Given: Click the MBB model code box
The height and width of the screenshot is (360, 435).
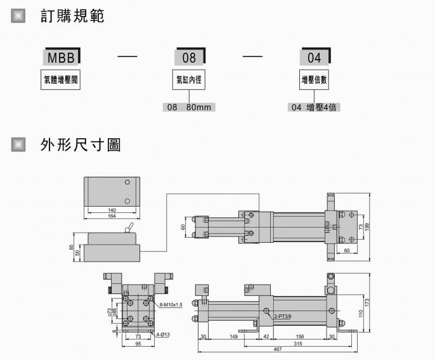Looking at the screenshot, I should tap(61, 58).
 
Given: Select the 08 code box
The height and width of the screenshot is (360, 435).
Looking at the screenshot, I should tap(189, 58).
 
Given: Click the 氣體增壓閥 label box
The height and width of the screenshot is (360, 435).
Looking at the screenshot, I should tap(61, 80).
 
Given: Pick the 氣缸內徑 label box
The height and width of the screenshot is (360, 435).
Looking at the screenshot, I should tap(189, 80).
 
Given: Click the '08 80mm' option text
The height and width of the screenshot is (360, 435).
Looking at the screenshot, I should tap(188, 108).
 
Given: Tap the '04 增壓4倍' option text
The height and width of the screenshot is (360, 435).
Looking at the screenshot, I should tap(314, 108).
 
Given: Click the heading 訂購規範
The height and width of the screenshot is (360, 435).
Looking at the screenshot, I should tap(72, 16).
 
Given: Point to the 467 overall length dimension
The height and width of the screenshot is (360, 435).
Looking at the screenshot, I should tap(278, 350).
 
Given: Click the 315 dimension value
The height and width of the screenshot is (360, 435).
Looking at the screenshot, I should tap(297, 343).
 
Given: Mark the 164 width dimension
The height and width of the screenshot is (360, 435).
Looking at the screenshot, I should tap(112, 216).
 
